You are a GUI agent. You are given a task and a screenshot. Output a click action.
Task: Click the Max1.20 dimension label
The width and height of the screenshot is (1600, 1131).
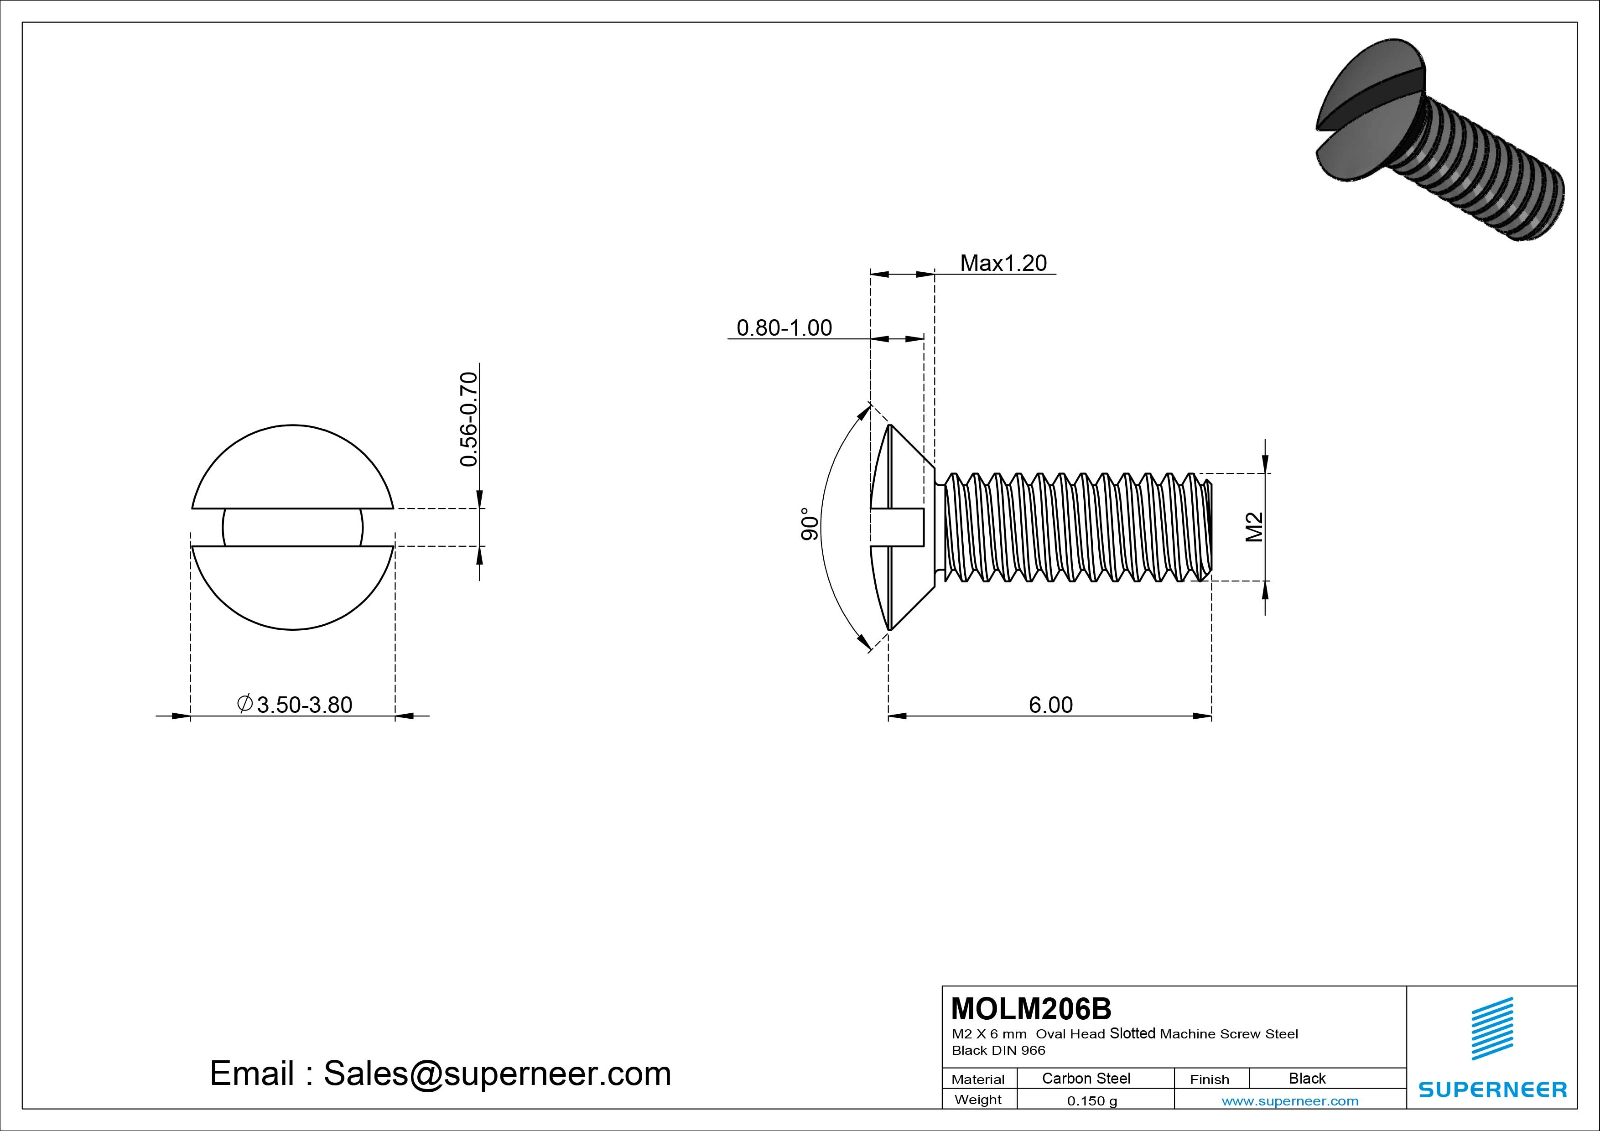pyautogui.click(x=1003, y=264)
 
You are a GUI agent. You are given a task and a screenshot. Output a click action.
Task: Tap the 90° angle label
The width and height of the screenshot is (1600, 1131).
pyautogui.click(x=809, y=524)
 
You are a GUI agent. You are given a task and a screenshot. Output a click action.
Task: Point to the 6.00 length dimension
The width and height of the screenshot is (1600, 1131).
pyautogui.click(x=1050, y=705)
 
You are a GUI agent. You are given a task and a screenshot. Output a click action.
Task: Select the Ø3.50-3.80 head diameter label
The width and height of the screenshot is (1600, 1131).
pyautogui.click(x=295, y=705)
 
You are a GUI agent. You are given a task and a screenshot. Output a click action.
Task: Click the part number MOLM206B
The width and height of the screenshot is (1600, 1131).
pyautogui.click(x=1031, y=1008)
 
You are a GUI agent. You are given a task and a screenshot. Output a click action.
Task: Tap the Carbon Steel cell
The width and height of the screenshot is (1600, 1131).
pyautogui.click(x=1085, y=1078)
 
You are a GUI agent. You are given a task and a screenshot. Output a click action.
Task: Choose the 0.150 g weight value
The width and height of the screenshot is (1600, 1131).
pyautogui.click(x=1091, y=1101)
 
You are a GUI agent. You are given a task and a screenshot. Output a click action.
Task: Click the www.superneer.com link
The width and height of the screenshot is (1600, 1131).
pyautogui.click(x=1289, y=1101)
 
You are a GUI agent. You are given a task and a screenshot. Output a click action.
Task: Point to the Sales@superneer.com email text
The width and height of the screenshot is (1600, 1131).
pyautogui.click(x=496, y=1073)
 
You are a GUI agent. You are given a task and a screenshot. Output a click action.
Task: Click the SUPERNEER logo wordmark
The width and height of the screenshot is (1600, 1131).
pyautogui.click(x=1492, y=1089)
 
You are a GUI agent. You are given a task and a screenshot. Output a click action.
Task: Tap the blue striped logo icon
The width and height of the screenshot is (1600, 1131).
pyautogui.click(x=1492, y=1028)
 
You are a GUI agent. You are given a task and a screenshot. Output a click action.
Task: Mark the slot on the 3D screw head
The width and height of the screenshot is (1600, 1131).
pyautogui.click(x=1366, y=104)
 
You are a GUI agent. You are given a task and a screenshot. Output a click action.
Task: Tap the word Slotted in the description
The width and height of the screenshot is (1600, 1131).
pyautogui.click(x=1132, y=1033)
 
